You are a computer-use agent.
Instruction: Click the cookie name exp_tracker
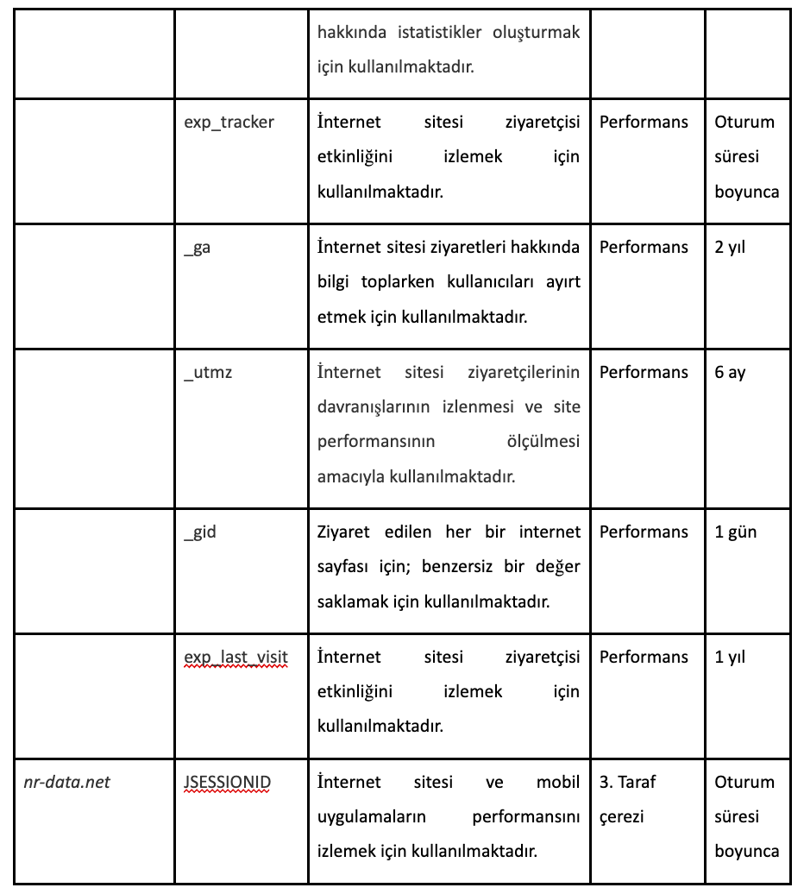point(229,123)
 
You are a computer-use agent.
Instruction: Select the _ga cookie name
point(198,248)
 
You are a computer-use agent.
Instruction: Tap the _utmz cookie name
point(208,373)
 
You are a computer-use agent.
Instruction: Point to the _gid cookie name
point(200,532)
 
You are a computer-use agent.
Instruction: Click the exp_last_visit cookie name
point(236,658)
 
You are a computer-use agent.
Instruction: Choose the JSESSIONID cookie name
point(227,783)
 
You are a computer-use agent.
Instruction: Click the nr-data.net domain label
point(67,783)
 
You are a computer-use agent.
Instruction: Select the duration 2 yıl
point(730,248)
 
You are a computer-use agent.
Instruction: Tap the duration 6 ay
point(730,373)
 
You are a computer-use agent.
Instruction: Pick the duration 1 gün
point(735,532)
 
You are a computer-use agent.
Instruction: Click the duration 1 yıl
point(730,658)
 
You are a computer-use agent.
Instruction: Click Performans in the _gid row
point(644,532)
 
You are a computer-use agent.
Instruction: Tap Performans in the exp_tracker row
point(644,123)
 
